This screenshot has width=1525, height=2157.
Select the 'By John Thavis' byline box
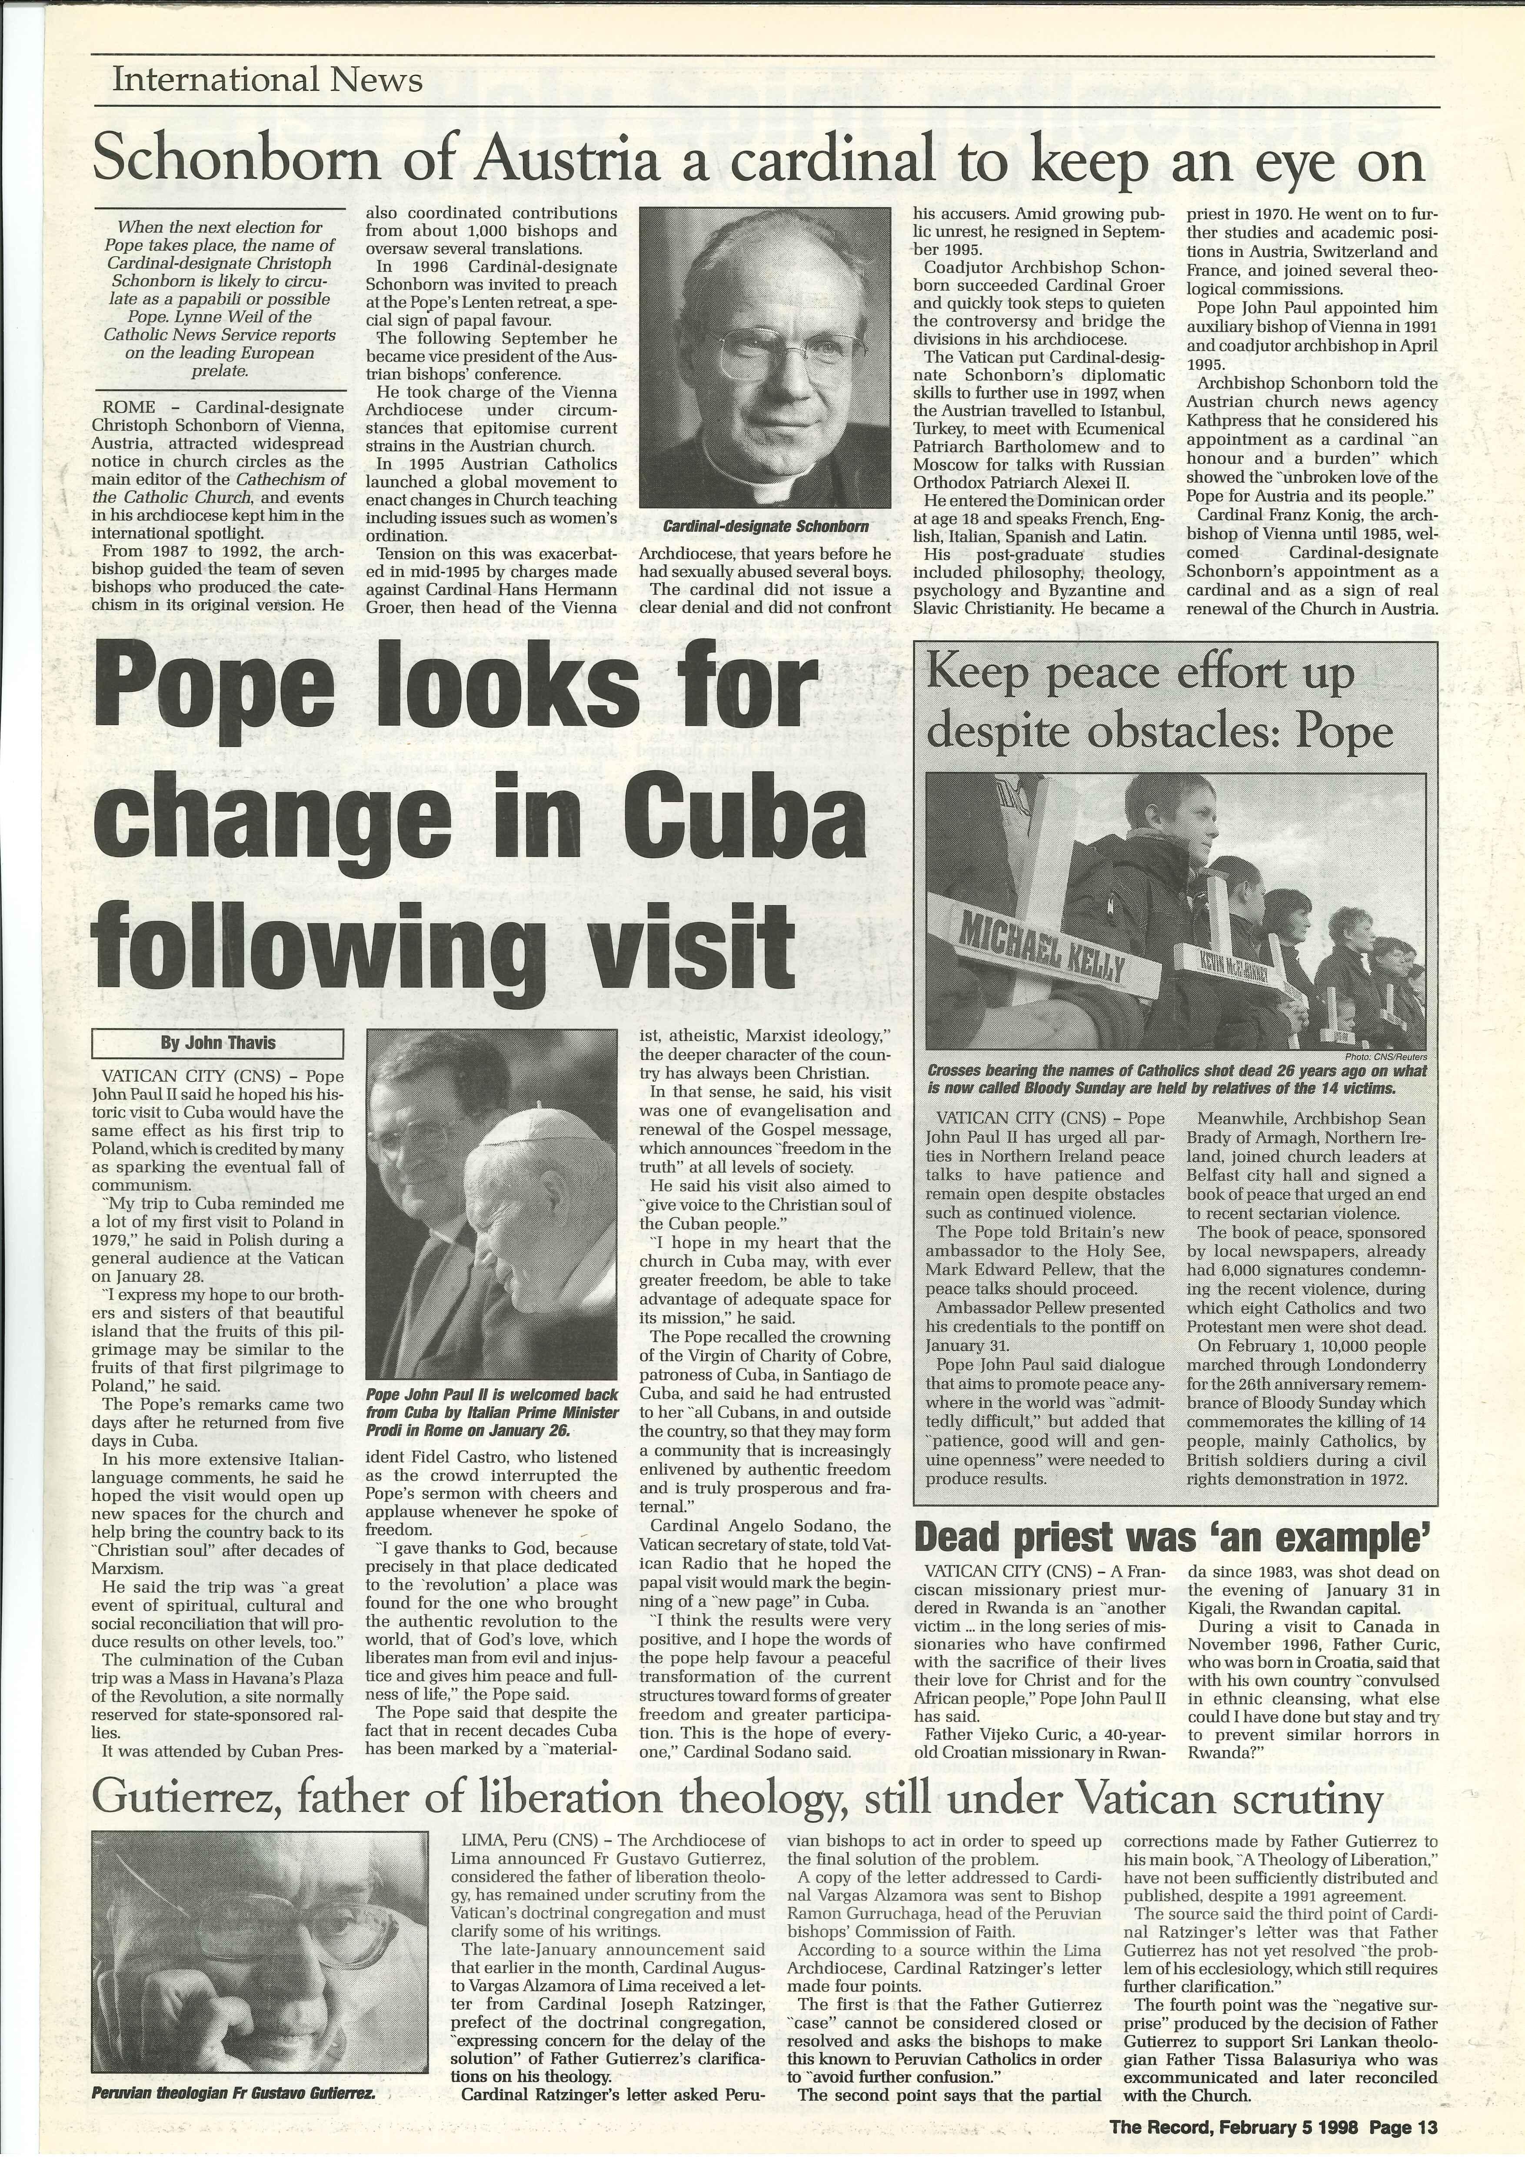217,1043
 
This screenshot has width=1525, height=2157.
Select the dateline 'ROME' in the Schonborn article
129,408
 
